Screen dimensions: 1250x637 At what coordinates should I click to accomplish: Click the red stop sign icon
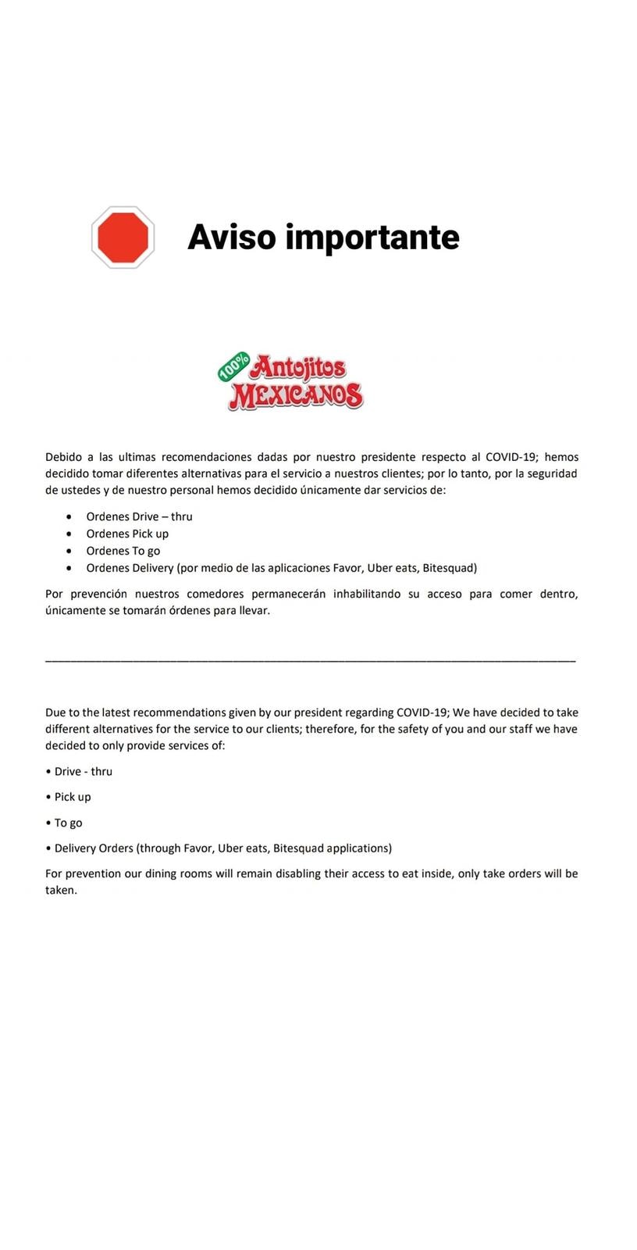tap(123, 237)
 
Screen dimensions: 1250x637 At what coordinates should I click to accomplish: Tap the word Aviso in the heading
tap(232, 237)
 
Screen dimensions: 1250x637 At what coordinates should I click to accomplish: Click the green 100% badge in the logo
tap(233, 366)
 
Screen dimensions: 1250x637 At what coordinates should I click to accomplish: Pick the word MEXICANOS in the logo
tap(296, 396)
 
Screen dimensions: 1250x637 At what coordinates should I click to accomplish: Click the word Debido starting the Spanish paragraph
tap(63, 457)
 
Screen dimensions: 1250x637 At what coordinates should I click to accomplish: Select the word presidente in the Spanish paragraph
tap(388, 457)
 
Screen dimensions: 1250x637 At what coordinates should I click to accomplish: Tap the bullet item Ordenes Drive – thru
tap(139, 516)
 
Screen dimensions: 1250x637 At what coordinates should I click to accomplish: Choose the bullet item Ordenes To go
tap(123, 551)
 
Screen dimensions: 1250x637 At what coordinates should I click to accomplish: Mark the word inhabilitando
tap(367, 594)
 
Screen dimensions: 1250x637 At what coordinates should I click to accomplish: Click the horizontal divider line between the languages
tap(311, 661)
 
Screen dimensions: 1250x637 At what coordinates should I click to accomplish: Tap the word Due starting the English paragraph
tap(56, 712)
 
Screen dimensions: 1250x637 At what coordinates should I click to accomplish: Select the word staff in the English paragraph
tap(520, 729)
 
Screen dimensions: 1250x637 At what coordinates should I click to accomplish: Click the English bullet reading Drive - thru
tap(83, 771)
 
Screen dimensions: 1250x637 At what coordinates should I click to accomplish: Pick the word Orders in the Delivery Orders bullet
tap(116, 848)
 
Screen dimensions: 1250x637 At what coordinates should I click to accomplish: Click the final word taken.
tap(61, 891)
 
